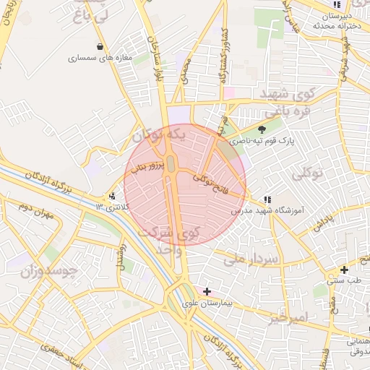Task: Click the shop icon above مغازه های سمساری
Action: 98,47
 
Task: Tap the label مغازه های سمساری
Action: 100,58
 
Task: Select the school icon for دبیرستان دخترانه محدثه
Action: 336,5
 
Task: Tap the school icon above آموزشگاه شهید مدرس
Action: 267,199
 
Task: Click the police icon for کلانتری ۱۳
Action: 111,196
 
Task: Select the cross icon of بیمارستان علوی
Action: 207,291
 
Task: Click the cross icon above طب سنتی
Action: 344,270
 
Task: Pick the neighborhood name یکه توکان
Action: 160,134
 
